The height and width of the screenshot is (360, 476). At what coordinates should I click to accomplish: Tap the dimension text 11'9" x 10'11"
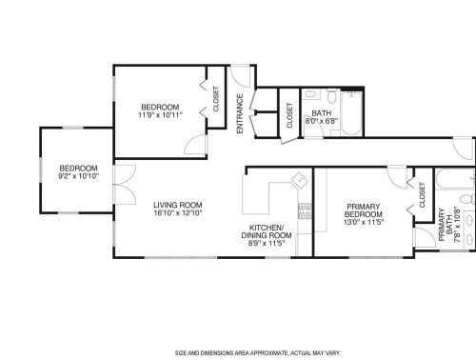pyautogui.click(x=161, y=114)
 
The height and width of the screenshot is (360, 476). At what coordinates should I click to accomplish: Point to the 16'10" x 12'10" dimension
pyautogui.click(x=178, y=212)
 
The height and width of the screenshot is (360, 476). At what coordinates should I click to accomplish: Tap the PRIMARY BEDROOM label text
pyautogui.click(x=363, y=210)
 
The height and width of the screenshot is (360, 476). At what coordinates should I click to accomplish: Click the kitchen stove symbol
pyautogui.click(x=305, y=210)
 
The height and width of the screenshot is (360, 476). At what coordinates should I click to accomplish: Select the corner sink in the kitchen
pyautogui.click(x=298, y=178)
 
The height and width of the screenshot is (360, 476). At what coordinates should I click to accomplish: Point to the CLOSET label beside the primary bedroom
pyautogui.click(x=421, y=195)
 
